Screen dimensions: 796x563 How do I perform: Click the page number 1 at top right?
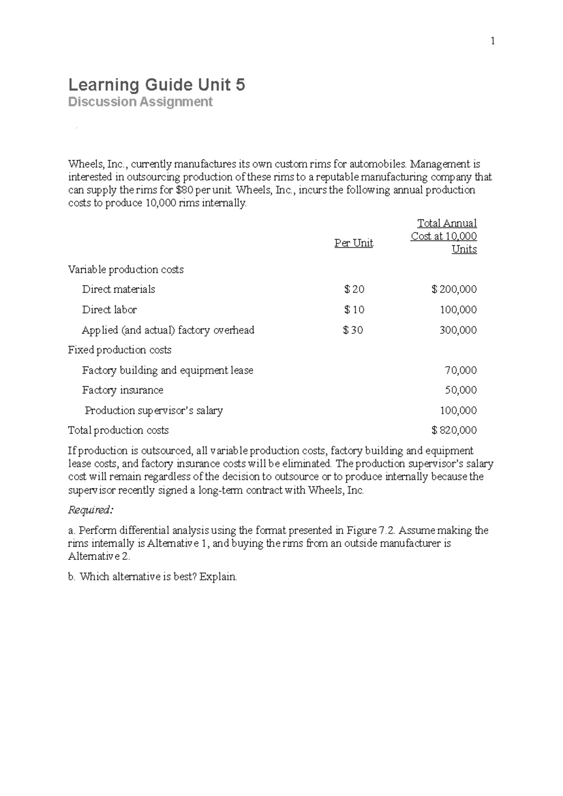(x=493, y=41)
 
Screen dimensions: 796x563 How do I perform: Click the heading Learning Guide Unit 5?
(x=156, y=85)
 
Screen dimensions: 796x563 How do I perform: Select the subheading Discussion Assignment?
(x=140, y=102)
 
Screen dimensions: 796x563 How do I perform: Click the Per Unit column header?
(x=353, y=243)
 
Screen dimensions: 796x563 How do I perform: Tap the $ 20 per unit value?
(x=354, y=289)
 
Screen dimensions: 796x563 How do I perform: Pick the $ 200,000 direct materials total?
(x=454, y=289)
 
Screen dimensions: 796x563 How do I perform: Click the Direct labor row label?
(x=109, y=309)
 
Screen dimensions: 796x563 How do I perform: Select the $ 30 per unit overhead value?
(x=353, y=330)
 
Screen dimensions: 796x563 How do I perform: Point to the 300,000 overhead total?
(x=458, y=330)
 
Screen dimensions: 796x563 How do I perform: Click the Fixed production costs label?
(x=120, y=350)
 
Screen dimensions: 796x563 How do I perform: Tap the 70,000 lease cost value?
(x=460, y=370)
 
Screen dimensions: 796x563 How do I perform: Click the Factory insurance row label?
(x=122, y=390)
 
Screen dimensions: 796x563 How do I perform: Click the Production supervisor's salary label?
(x=153, y=411)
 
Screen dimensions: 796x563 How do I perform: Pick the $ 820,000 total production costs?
(x=454, y=430)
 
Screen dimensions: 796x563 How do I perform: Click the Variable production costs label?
(x=125, y=270)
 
